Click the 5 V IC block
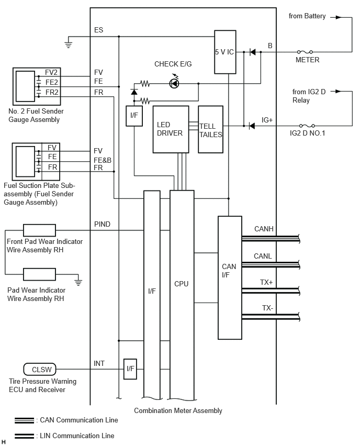pyautogui.click(x=225, y=52)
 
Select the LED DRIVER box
pyautogui.click(x=171, y=129)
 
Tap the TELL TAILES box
pyautogui.click(x=210, y=129)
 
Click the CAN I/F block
pyautogui.click(x=230, y=277)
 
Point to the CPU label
pyautogui.click(x=182, y=284)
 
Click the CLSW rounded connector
pyautogui.click(x=40, y=370)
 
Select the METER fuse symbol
pyautogui.click(x=305, y=52)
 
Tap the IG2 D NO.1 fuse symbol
pyautogui.click(x=307, y=126)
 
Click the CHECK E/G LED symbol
pyautogui.click(x=174, y=83)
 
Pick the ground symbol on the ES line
pyautogui.click(x=68, y=44)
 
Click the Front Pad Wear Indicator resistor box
pyautogui.click(x=39, y=230)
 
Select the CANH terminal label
pyautogui.click(x=264, y=229)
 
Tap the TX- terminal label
pyautogui.click(x=267, y=308)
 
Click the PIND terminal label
pyautogui.click(x=102, y=224)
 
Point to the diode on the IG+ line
pyautogui.click(x=252, y=126)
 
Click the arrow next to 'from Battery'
pyautogui.click(x=335, y=17)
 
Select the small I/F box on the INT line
pyautogui.click(x=130, y=369)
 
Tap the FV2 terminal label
pyautogui.click(x=51, y=73)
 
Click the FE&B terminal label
pyautogui.click(x=103, y=160)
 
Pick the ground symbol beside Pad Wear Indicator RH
pyautogui.click(x=78, y=282)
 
